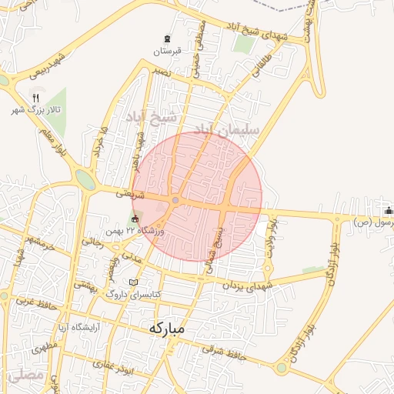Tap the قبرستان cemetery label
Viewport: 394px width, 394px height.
166,52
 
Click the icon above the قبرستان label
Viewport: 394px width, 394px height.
167,39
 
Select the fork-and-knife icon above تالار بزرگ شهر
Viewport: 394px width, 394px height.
35,98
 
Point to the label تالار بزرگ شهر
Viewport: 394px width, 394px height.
34,111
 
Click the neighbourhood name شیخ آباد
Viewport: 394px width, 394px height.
152,117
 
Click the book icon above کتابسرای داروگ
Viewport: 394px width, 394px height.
135,282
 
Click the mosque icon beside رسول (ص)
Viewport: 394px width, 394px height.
388,211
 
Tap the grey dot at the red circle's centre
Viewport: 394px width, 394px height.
175,201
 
